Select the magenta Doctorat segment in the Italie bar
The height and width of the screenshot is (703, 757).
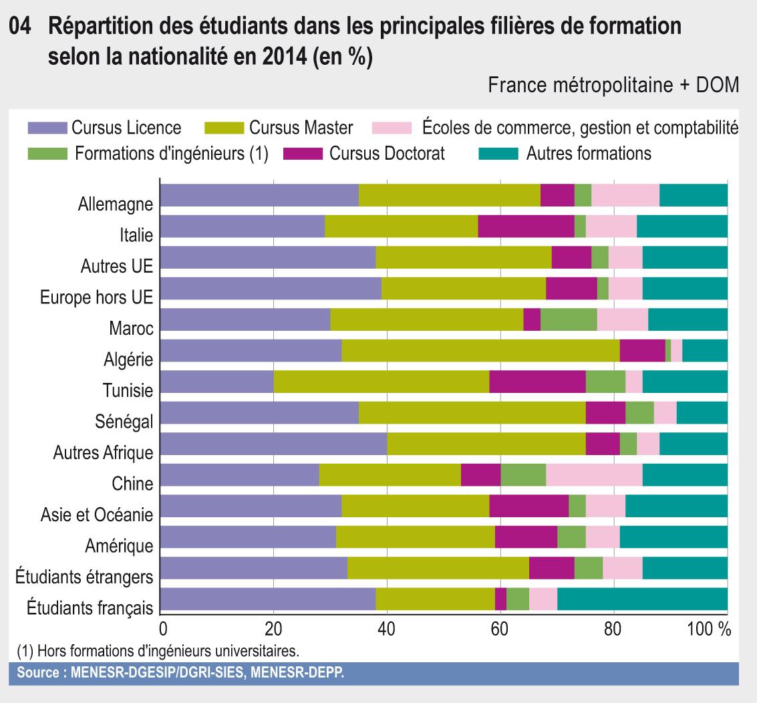pos(526,226)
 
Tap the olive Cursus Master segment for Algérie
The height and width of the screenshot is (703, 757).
pos(480,350)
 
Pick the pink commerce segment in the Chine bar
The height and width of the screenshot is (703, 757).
pos(594,474)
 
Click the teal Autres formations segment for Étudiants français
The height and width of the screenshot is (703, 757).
pos(642,599)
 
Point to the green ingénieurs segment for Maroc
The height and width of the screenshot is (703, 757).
pos(568,319)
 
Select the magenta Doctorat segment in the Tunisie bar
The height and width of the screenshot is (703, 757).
pos(537,382)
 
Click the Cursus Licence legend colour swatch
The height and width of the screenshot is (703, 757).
pos(47,128)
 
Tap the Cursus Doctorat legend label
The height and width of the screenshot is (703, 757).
pos(387,154)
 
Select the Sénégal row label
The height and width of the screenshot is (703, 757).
pos(124,421)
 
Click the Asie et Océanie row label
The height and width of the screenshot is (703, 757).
pos(97,515)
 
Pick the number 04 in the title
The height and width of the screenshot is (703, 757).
pos(22,28)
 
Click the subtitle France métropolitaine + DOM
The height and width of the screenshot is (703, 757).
pos(613,86)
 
